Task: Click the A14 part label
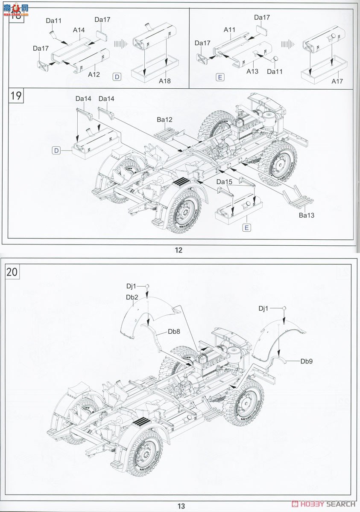click(79, 30)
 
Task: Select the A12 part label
click(94, 74)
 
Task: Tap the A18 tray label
click(164, 81)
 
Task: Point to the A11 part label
click(230, 30)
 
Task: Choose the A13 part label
click(252, 71)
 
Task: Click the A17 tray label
click(336, 81)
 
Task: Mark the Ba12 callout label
click(164, 120)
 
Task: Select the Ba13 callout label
click(306, 215)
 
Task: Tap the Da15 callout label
click(224, 182)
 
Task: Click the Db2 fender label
click(132, 297)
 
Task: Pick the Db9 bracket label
click(307, 361)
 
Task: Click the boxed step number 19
click(16, 96)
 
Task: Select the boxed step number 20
click(12, 272)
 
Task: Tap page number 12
click(179, 250)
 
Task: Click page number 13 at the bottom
click(181, 506)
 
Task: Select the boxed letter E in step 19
click(246, 227)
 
